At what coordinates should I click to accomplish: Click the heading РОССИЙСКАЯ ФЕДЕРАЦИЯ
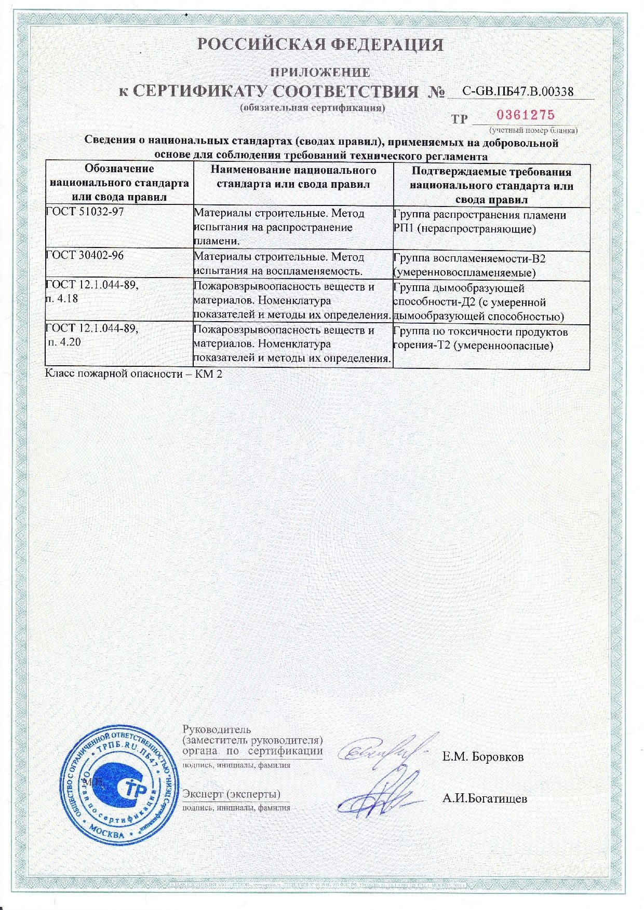(x=322, y=45)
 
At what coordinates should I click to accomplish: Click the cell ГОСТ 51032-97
(x=119, y=227)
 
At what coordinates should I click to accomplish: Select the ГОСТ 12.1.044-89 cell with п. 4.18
(x=119, y=301)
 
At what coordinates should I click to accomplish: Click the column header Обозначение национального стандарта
(x=119, y=183)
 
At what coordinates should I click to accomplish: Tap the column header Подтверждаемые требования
(x=491, y=185)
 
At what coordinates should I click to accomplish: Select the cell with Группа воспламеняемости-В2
(x=491, y=265)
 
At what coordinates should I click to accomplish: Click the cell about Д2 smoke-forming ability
(x=491, y=302)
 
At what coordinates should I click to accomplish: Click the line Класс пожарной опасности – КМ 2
(x=134, y=374)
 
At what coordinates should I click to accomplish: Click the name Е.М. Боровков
(x=483, y=757)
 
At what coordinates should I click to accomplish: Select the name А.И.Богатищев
(x=485, y=799)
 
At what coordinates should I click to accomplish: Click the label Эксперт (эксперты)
(x=232, y=794)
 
